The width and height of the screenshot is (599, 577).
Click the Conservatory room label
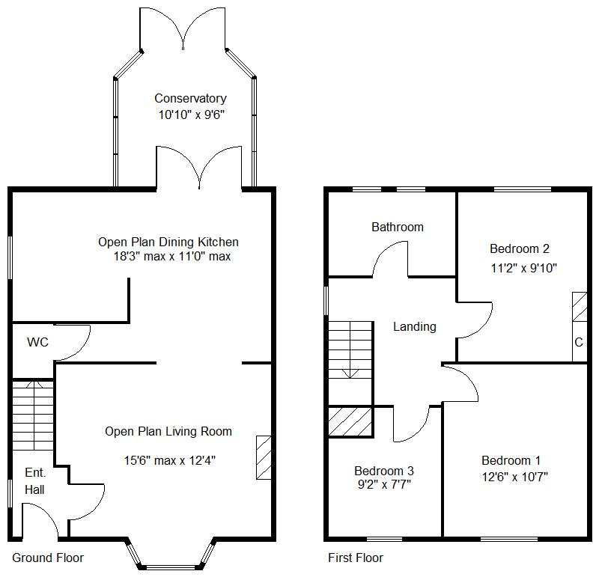point(190,99)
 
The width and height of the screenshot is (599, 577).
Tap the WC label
point(38,343)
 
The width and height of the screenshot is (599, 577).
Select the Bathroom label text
point(398,227)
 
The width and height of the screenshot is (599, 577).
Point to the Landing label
point(415,326)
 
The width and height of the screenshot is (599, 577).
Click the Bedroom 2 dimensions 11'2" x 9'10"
point(523,267)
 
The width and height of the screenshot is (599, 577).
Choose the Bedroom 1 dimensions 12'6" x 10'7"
point(514,477)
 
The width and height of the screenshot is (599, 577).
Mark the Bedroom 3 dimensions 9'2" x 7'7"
point(384,484)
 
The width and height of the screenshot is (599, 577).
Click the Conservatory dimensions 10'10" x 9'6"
point(191,115)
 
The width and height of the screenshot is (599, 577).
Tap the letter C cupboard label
point(578,343)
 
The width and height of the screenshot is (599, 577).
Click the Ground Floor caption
point(48,558)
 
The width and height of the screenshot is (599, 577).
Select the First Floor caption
point(356,558)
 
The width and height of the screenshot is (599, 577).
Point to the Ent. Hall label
point(35,481)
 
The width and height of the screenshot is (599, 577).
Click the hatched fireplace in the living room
point(264,457)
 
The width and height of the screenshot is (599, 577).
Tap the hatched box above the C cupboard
point(579,307)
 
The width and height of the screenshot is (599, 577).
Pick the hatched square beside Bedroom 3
point(350,421)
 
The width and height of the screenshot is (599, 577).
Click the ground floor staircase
point(33,415)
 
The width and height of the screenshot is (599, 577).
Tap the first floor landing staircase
point(350,351)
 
